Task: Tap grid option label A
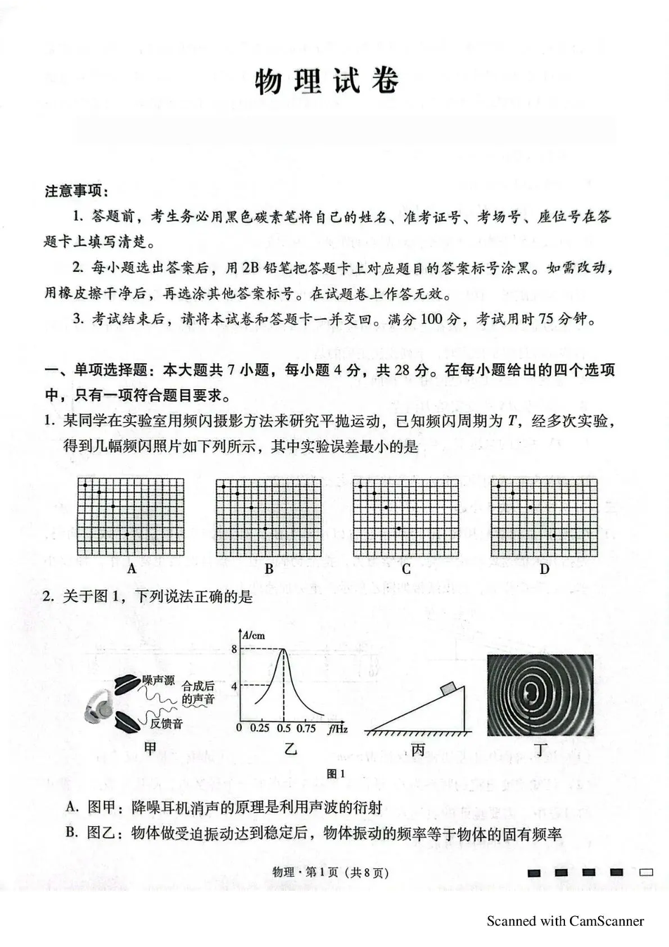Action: (x=131, y=569)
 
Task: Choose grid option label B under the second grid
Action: (x=268, y=569)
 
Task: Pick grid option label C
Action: (x=405, y=569)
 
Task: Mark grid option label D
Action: (x=544, y=569)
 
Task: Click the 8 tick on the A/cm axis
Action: (x=235, y=649)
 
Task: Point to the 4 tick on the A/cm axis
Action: (x=235, y=686)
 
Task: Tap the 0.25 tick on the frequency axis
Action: (x=260, y=729)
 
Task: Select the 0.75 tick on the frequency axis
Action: (x=306, y=729)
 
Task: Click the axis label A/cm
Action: (x=254, y=635)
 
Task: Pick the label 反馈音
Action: (x=166, y=723)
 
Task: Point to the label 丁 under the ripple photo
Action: (x=540, y=750)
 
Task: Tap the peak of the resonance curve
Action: (x=284, y=649)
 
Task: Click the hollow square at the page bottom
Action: (x=645, y=873)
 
